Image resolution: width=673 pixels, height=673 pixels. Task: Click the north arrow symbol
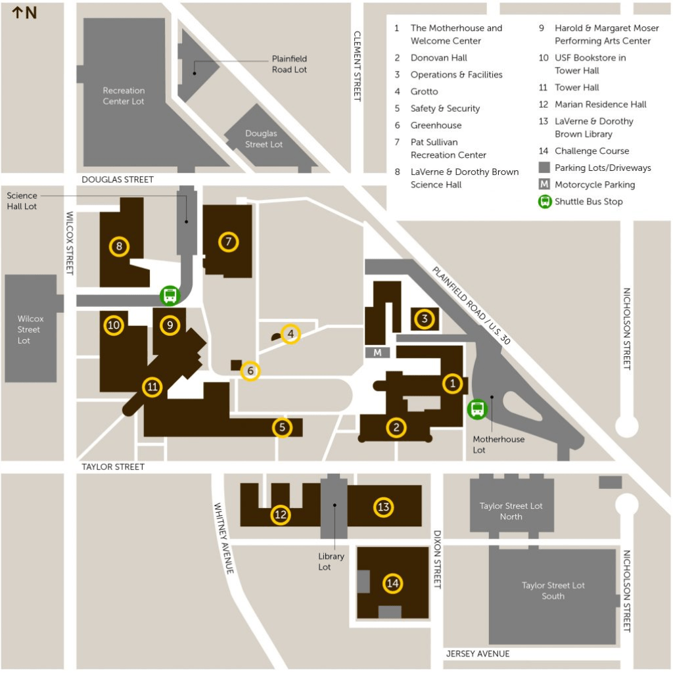pos(18,12)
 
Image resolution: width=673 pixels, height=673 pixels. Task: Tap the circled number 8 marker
pos(119,246)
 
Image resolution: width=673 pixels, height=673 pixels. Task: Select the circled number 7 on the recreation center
pos(228,242)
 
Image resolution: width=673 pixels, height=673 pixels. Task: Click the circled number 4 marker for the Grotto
pos(290,335)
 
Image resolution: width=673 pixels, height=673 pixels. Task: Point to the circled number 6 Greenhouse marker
pos(250,371)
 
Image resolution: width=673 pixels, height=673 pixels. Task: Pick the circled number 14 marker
pos(393,583)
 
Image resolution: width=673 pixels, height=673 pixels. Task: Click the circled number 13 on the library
pos(383,507)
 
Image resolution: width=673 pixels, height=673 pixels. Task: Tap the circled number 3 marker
pos(425,319)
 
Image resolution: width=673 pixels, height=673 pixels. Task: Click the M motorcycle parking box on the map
pos(377,352)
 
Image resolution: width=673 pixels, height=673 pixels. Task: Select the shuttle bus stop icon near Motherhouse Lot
pos(477,409)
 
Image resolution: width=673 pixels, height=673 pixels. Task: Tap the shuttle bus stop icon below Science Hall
pos(170,296)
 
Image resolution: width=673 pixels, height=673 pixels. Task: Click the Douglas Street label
pos(118,179)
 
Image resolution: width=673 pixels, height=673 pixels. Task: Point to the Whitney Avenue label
pos(224,538)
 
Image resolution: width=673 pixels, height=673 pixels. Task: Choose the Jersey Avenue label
pos(477,653)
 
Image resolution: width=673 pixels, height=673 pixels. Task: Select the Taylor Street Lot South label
pos(553,590)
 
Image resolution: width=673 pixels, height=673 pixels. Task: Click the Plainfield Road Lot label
pos(289,64)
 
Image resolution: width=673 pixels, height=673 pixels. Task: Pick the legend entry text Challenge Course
pos(592,151)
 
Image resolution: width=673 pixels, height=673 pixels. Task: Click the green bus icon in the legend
pos(544,202)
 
